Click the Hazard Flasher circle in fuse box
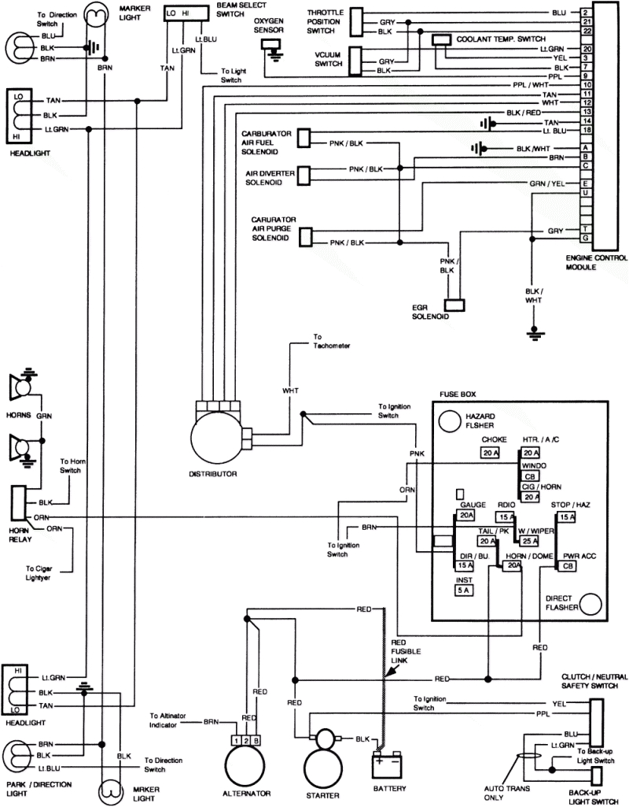449,421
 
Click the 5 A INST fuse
465,590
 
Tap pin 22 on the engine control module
587,31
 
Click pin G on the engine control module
587,237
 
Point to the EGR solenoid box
454,304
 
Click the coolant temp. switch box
442,39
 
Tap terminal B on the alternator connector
259,741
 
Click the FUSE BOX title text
458,394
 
